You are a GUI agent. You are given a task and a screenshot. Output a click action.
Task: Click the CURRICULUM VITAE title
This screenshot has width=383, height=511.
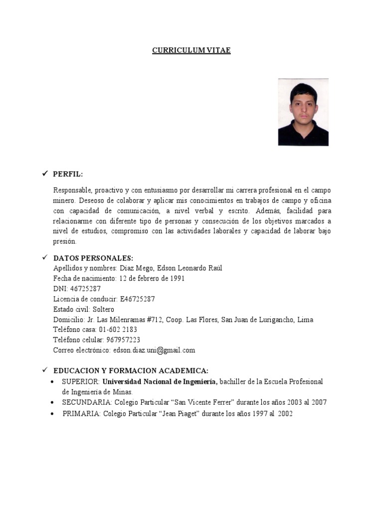[x=191, y=50]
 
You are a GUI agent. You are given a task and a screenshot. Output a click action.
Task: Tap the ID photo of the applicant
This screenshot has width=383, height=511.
[x=303, y=112]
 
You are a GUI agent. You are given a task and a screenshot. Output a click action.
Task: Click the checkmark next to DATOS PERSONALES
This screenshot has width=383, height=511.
[x=44, y=257]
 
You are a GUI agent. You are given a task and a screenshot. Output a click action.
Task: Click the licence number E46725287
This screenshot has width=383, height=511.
[x=137, y=299]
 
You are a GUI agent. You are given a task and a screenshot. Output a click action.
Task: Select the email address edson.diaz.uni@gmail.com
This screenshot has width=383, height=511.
[x=154, y=350]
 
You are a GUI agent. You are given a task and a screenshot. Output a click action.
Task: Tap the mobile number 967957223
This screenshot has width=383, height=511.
[x=123, y=340]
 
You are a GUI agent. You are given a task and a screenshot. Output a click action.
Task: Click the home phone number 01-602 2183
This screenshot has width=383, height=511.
[x=118, y=330]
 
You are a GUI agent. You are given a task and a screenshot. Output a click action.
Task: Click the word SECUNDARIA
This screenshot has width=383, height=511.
[x=86, y=402]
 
